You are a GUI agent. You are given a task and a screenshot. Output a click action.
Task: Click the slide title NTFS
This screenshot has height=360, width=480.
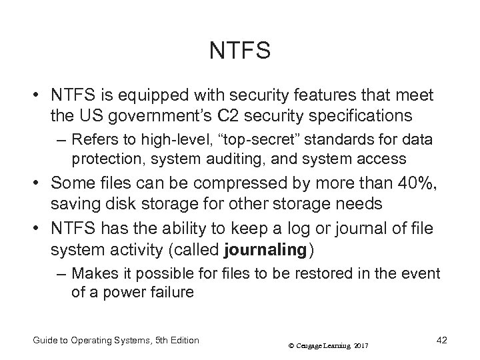(239, 50)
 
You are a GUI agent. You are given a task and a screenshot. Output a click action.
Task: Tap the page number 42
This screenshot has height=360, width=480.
(441, 340)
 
